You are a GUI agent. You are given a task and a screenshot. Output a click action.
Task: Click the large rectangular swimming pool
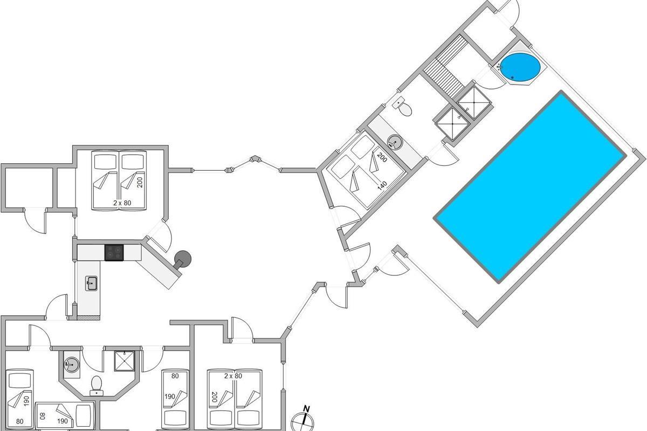530,187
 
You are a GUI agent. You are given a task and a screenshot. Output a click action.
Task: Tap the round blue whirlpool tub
520,67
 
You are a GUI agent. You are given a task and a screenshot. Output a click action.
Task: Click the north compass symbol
302,422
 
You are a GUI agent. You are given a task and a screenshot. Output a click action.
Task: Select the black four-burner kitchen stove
114,253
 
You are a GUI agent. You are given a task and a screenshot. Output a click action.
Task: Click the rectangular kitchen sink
91,283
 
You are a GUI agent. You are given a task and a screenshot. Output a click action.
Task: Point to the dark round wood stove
182,260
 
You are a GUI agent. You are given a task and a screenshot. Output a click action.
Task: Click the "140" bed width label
382,185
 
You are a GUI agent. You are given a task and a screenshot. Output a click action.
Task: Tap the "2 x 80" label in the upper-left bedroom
122,203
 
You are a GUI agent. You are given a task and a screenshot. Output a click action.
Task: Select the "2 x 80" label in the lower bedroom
233,376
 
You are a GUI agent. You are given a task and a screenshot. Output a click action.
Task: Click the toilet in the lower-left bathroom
97,386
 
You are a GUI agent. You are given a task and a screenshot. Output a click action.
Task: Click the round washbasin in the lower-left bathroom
71,365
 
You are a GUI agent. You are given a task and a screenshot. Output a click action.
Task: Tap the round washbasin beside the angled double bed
395,142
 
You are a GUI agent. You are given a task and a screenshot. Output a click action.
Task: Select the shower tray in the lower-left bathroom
124,361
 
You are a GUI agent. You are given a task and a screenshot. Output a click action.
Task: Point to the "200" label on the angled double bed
382,158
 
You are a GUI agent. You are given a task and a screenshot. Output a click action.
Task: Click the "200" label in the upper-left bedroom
140,183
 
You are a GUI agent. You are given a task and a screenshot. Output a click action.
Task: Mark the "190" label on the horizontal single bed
63,421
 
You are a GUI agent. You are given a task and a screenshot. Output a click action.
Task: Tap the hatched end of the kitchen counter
88,318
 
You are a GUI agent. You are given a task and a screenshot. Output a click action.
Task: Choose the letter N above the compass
306,409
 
